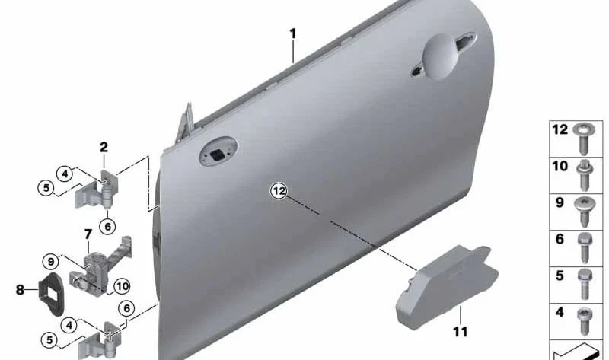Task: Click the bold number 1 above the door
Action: [293, 33]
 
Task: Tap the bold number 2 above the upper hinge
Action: [104, 147]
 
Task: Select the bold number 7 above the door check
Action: [88, 234]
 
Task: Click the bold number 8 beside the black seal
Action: [20, 289]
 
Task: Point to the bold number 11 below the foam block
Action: [461, 332]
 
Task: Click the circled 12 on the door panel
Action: [279, 191]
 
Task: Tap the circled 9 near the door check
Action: [51, 262]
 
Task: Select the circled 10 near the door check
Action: [122, 287]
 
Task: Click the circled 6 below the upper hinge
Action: [107, 226]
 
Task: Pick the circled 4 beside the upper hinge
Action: [65, 174]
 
